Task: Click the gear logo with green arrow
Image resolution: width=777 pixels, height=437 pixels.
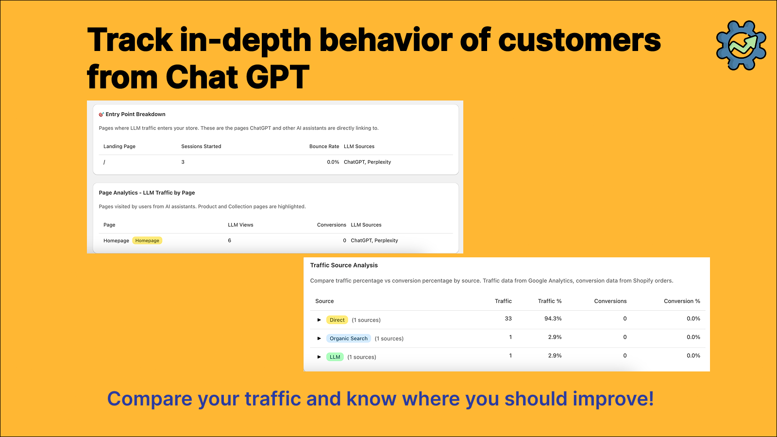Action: [x=741, y=45]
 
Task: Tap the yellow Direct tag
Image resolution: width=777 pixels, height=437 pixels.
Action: [x=337, y=320]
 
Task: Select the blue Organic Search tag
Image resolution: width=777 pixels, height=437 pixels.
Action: [x=349, y=338]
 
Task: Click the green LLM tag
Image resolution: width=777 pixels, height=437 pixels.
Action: [x=335, y=357]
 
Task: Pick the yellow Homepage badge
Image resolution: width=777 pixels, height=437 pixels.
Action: [x=147, y=240]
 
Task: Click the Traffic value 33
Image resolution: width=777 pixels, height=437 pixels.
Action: [x=508, y=319]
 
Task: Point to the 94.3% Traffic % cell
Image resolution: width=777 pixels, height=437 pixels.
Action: [x=553, y=319]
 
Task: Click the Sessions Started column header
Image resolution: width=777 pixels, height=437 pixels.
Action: [x=201, y=146]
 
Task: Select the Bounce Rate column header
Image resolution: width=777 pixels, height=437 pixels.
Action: [x=324, y=146]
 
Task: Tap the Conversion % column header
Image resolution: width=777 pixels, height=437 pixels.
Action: [x=682, y=301]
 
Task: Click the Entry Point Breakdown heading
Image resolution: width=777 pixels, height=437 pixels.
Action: [x=135, y=114]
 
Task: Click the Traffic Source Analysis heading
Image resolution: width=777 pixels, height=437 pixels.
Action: [x=344, y=265]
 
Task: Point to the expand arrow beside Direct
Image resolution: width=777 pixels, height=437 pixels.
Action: [x=319, y=320]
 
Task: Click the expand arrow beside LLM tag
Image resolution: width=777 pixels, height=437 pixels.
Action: [x=319, y=357]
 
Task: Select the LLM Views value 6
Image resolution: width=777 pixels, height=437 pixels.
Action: [x=230, y=240]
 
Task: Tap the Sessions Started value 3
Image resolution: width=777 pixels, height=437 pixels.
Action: [x=183, y=162]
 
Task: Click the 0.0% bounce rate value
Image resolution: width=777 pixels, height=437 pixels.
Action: [x=333, y=162]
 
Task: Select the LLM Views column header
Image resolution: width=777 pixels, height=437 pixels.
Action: [x=240, y=225]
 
